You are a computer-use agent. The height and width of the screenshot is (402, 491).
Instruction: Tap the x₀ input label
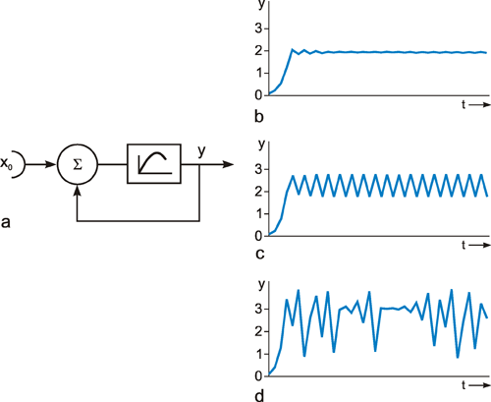(x=6, y=163)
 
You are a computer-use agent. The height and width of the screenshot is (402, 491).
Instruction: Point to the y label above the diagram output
(x=201, y=151)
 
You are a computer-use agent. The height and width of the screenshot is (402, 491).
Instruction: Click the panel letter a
(x=6, y=222)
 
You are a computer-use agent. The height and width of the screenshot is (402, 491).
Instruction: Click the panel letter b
(x=259, y=116)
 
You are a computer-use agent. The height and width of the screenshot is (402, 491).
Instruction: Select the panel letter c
(x=260, y=254)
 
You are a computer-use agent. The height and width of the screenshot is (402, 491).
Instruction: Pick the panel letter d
(x=259, y=395)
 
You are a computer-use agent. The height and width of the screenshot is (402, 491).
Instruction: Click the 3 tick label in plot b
(x=259, y=29)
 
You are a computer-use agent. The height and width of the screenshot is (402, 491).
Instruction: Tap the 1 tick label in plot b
(x=259, y=73)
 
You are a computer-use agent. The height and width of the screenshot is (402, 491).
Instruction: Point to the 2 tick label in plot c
(x=259, y=192)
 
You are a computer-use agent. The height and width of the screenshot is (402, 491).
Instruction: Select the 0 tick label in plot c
(x=259, y=236)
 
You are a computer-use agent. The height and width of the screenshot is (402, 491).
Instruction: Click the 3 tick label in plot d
(x=259, y=309)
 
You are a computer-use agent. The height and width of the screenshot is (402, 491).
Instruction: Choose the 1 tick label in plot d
(x=259, y=354)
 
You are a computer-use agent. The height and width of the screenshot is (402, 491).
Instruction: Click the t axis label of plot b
(x=464, y=104)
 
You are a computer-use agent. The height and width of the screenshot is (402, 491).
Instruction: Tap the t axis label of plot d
(x=464, y=385)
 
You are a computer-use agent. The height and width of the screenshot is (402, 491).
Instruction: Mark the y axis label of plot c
(x=261, y=144)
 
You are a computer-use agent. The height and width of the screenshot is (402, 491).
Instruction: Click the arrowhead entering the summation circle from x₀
(x=51, y=164)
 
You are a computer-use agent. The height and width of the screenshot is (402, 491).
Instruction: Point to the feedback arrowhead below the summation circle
(x=78, y=191)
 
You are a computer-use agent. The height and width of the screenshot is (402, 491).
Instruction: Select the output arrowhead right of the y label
(x=227, y=164)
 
